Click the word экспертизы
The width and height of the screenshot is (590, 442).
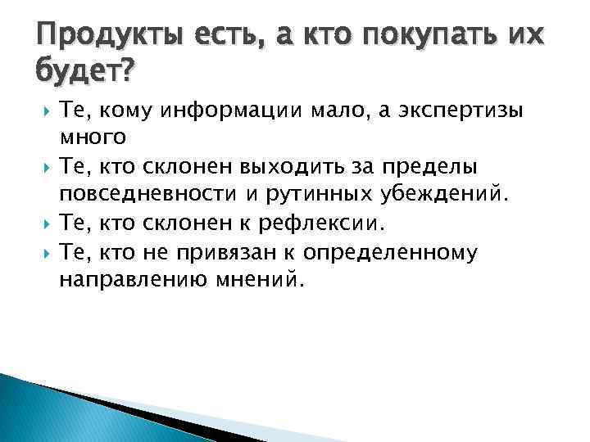456,112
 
